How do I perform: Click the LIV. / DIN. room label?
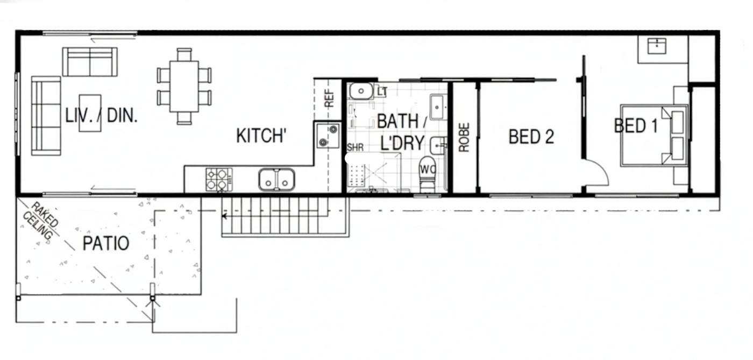pyautogui.click(x=101, y=115)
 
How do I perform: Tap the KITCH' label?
pyautogui.click(x=261, y=136)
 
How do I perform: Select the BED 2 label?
pyautogui.click(x=531, y=137)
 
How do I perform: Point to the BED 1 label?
pyautogui.click(x=636, y=125)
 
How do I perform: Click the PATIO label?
pyautogui.click(x=106, y=243)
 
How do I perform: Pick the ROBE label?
pyautogui.click(x=464, y=137)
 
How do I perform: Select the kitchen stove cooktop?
pyautogui.click(x=219, y=179)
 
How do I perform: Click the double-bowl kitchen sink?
pyautogui.click(x=276, y=179)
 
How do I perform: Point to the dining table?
pyautogui.click(x=184, y=87)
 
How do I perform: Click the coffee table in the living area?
pyautogui.click(x=90, y=113)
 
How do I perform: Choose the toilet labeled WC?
pyautogui.click(x=428, y=174)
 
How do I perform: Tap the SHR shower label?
pyautogui.click(x=356, y=147)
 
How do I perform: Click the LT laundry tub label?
pyautogui.click(x=382, y=91)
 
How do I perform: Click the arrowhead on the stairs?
pyautogui.click(x=224, y=216)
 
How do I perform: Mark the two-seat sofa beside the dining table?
pyautogui.click(x=90, y=62)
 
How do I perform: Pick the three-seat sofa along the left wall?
pyautogui.click(x=46, y=116)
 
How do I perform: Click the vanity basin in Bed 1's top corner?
pyautogui.click(x=657, y=46)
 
